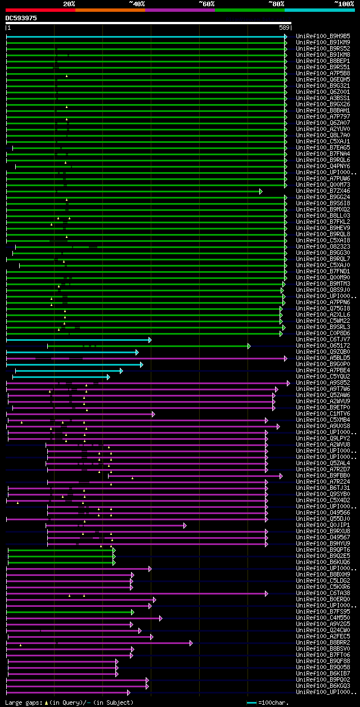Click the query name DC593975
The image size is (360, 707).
(21, 18)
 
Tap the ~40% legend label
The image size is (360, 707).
(137, 4)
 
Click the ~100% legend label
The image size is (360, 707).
(344, 4)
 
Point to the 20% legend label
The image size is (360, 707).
(69, 4)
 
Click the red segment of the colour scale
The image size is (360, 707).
(40, 10)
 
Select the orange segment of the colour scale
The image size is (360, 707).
(110, 10)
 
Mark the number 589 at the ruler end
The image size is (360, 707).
(284, 28)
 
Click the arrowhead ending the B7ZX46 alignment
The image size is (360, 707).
(261, 191)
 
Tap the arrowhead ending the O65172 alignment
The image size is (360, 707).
(249, 346)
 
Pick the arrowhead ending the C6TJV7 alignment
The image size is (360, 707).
(150, 340)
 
